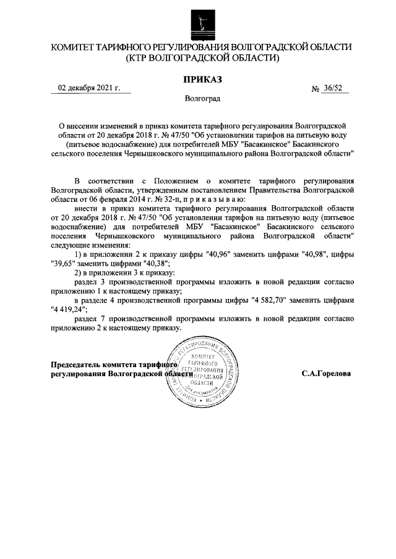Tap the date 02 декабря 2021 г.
(x=89, y=88)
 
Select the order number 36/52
(x=335, y=88)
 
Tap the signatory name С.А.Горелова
(x=326, y=374)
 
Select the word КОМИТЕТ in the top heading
(x=78, y=48)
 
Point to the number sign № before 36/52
(x=316, y=89)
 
